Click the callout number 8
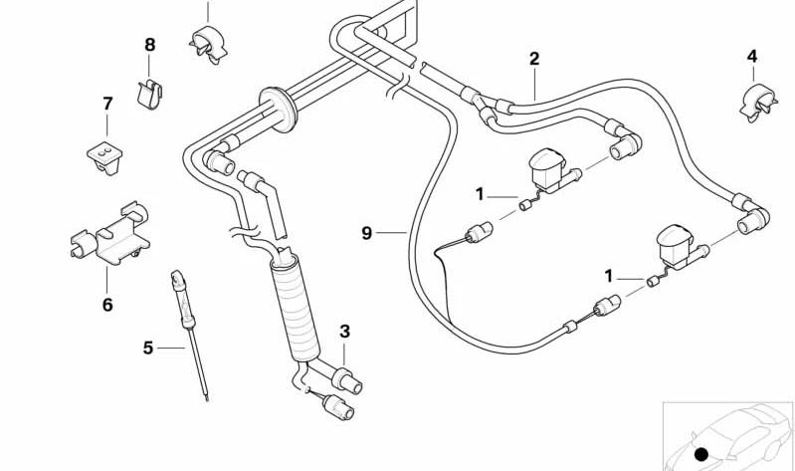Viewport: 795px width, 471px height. pos(149,45)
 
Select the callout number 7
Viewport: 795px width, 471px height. pos(107,104)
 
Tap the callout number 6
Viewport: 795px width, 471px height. pos(107,305)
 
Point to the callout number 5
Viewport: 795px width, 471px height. pos(147,349)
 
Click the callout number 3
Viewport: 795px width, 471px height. pos(345,332)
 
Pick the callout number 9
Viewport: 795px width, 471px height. pos(366,233)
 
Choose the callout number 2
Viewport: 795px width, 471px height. pos(534,59)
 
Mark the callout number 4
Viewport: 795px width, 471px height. pos(752,57)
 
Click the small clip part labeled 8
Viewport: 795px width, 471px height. pos(149,94)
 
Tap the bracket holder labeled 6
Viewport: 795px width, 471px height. pos(110,233)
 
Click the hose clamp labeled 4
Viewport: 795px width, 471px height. pos(758,104)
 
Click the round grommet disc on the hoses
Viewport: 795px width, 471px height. pos(279,110)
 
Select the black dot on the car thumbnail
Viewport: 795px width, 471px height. pos(701,454)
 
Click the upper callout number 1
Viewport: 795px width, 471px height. pos(480,194)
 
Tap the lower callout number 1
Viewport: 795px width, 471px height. pos(608,277)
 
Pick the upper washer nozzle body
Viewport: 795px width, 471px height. pos(548,169)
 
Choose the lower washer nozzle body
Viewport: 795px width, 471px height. pos(677,246)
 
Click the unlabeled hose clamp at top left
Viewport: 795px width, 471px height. pos(208,44)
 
